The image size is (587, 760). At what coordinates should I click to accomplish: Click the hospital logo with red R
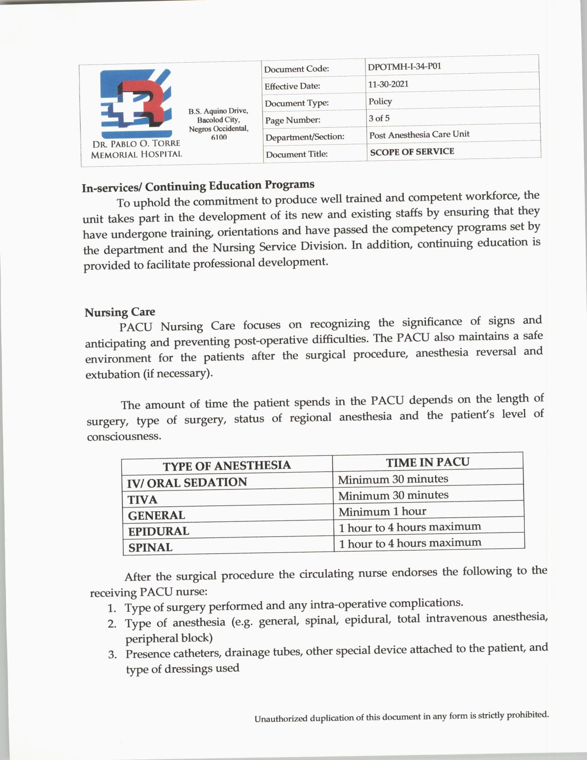136,102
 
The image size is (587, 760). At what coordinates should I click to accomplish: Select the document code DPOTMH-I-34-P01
404,66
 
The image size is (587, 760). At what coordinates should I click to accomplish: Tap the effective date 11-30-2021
388,84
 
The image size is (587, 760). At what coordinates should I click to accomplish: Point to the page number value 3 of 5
379,118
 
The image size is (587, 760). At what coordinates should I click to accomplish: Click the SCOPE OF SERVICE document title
412,152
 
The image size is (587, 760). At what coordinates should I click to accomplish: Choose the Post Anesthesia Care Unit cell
419,134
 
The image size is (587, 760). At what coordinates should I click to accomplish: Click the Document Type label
296,103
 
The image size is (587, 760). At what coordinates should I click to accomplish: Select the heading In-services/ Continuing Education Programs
198,186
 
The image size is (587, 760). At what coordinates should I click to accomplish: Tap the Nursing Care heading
120,312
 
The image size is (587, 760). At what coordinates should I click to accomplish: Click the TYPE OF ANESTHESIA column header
227,465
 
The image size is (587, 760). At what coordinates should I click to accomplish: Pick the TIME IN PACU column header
427,462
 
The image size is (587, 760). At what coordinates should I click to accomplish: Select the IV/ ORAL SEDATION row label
187,482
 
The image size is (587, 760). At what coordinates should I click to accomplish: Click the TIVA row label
143,500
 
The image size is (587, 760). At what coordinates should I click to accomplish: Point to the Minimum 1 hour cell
382,511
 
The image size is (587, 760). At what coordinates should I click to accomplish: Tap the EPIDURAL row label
158,531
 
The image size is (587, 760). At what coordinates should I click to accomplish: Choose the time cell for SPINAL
410,543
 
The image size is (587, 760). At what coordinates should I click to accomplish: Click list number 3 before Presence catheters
112,655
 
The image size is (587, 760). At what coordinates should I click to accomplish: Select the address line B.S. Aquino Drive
218,111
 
